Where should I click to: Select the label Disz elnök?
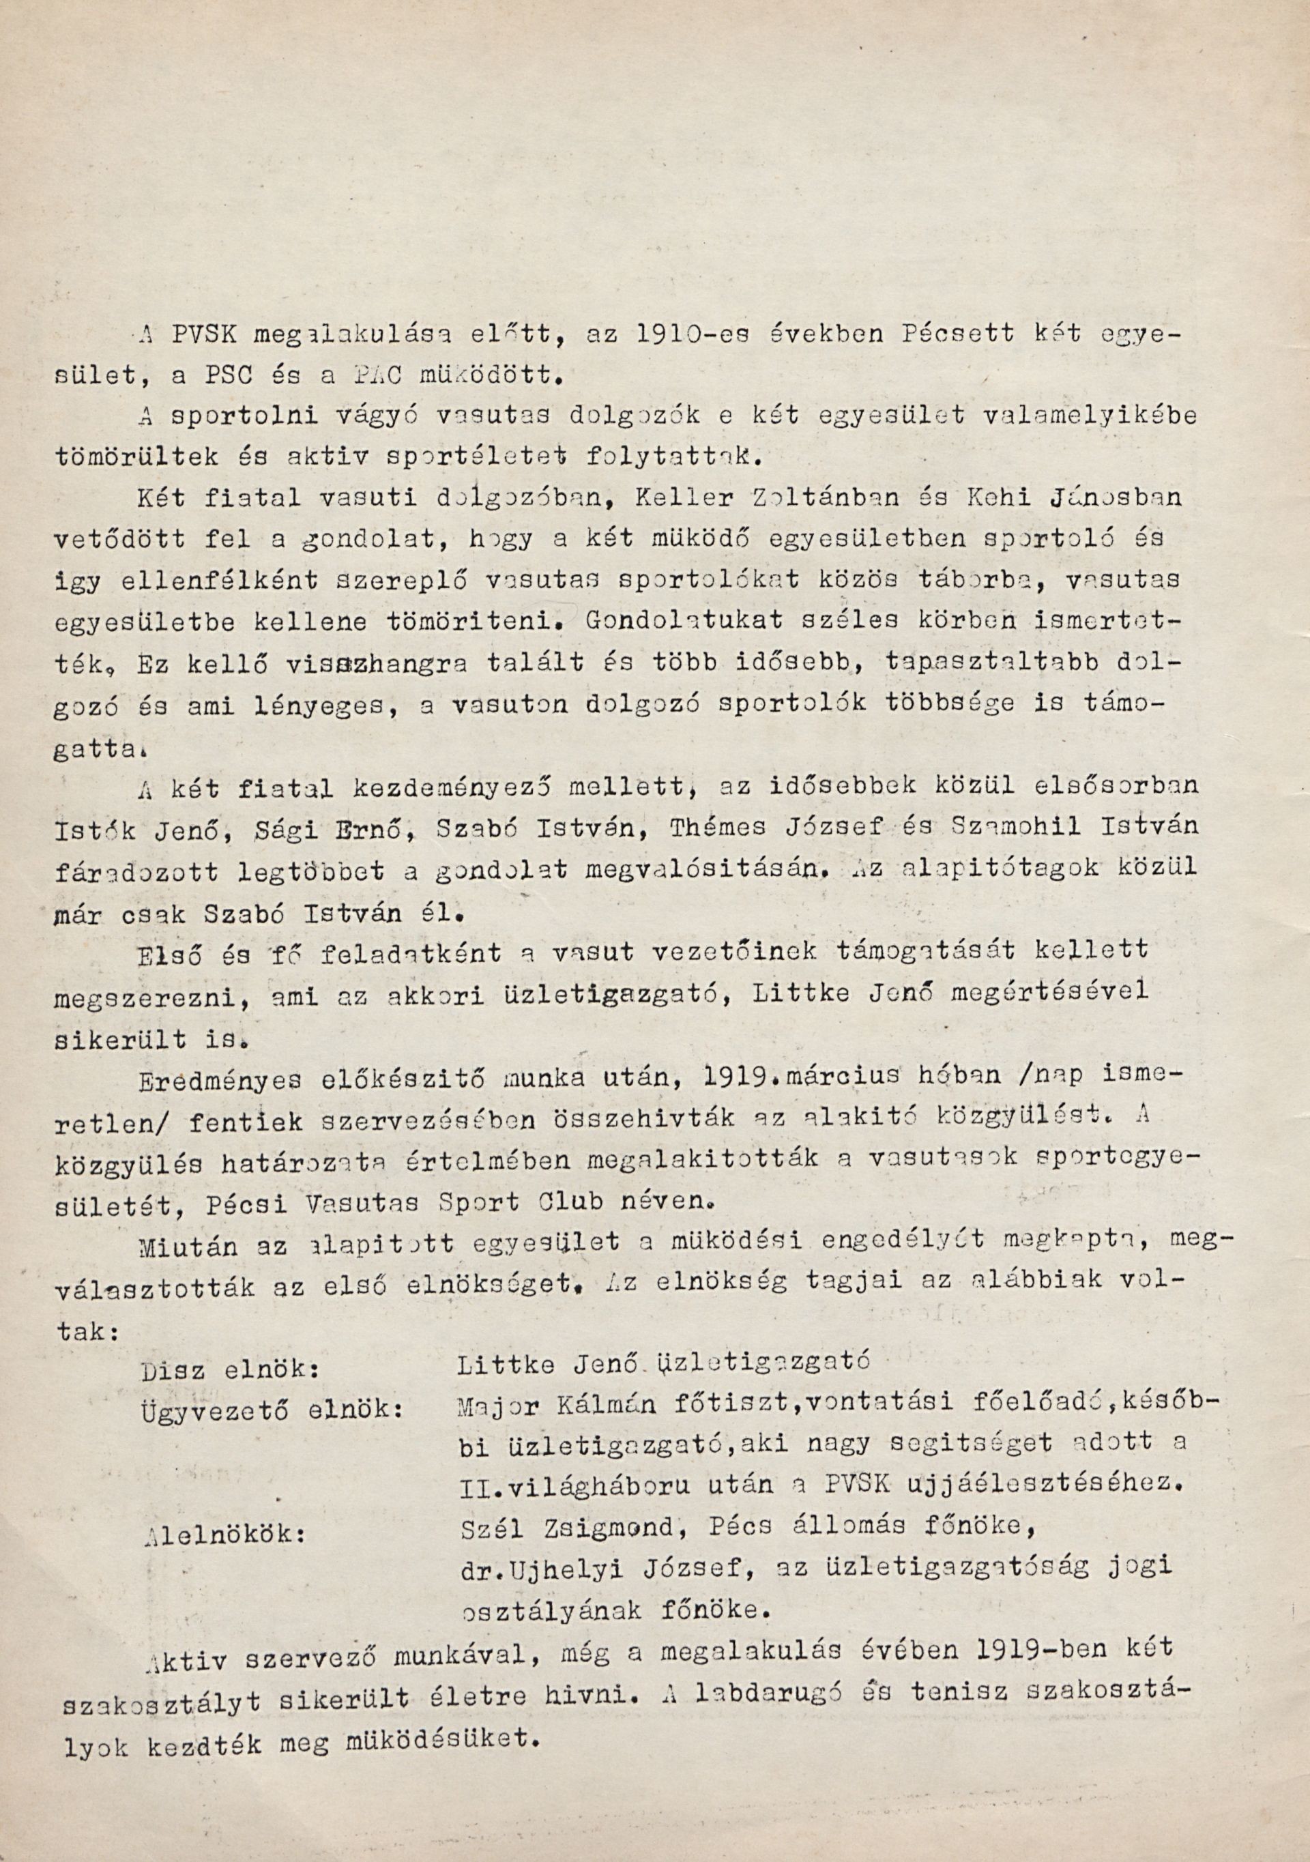(x=229, y=1370)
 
